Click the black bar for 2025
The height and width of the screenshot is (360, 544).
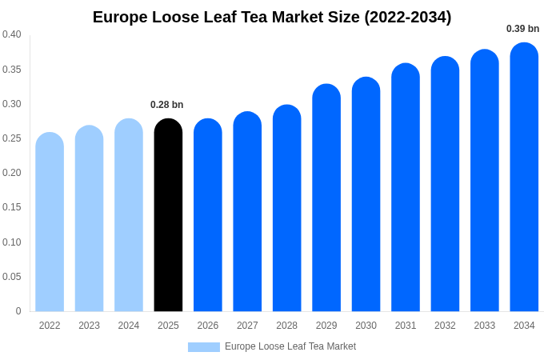[168, 216]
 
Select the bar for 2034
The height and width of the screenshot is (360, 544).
[524, 178]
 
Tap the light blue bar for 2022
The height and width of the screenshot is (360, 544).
[50, 222]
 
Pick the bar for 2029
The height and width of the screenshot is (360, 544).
[326, 198]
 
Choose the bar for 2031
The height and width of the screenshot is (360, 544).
[406, 188]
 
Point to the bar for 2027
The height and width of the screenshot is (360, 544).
[247, 212]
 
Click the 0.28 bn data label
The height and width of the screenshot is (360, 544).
[167, 105]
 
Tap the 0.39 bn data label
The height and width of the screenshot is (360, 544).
[522, 29]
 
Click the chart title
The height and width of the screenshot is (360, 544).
[272, 17]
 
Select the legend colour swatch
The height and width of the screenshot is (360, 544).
[204, 347]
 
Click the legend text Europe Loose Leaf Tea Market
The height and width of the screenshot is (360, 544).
[290, 346]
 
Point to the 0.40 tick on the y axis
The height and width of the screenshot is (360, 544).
[12, 34]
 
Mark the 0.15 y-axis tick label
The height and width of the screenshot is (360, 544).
[12, 207]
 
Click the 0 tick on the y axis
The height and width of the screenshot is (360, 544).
[18, 311]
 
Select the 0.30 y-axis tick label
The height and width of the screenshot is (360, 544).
[12, 104]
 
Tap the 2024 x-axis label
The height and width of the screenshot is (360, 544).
[129, 326]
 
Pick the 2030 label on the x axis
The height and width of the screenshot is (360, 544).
[366, 326]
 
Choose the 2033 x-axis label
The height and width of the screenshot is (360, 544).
[485, 326]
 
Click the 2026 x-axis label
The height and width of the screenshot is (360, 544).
[208, 326]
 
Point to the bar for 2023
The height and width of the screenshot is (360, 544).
[89, 219]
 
